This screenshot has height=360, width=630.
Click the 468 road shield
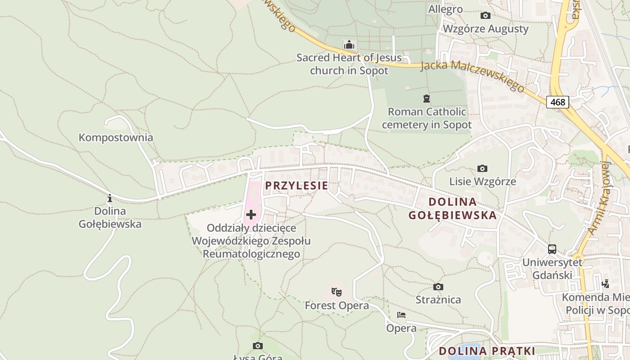558,102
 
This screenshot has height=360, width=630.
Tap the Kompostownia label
116,137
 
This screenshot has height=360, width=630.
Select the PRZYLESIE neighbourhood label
296,185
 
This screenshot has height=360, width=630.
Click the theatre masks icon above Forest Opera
336,292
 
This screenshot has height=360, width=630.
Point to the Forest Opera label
337,306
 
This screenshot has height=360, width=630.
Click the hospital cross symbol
251,215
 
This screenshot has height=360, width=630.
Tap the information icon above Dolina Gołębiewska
109,198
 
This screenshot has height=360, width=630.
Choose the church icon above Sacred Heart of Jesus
349,45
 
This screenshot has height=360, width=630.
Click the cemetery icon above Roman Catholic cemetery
426,98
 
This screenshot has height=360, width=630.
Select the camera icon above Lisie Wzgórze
482,168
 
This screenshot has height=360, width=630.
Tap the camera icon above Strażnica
438,287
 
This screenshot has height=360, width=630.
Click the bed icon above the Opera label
401,315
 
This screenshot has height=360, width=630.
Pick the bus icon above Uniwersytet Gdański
552,249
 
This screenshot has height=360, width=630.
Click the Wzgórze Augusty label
486,29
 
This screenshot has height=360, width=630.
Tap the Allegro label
445,9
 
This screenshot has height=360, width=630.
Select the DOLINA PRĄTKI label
487,351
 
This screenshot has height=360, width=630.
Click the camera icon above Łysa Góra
257,346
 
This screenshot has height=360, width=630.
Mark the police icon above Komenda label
605,284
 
